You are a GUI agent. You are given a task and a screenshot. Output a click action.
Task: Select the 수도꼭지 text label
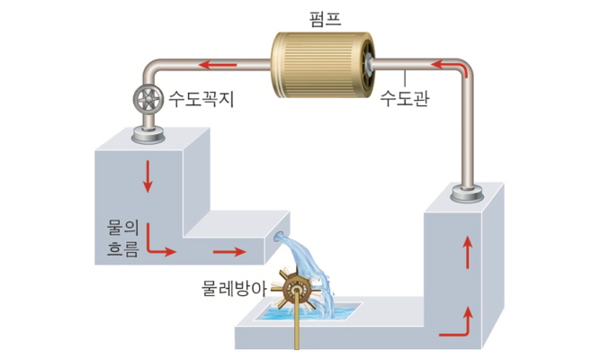(x=201, y=98)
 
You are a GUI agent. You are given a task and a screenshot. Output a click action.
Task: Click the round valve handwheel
(x=144, y=98)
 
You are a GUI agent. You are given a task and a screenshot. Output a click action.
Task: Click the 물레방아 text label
(x=237, y=289)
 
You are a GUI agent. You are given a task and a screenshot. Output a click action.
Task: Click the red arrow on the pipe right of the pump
(x=450, y=66)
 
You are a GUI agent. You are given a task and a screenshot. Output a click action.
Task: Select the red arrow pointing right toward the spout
(x=229, y=252)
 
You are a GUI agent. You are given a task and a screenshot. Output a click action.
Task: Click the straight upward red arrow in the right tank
(x=466, y=255)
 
